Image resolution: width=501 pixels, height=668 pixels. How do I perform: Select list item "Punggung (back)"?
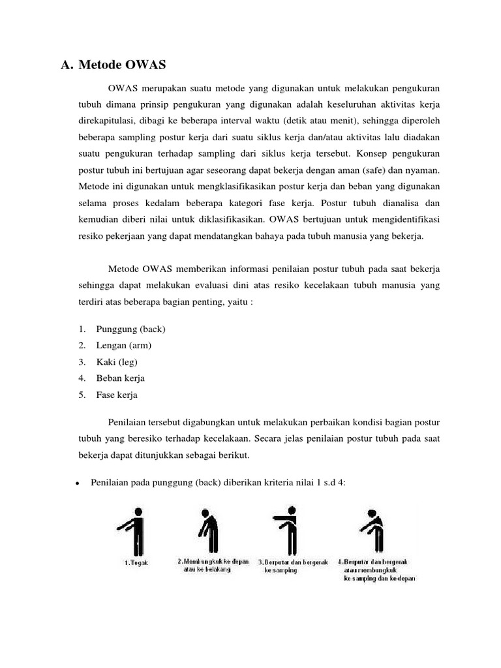(134, 329)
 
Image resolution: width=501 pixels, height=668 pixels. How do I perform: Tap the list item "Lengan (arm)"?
(128, 345)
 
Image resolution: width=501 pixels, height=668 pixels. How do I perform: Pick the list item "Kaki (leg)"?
(117, 361)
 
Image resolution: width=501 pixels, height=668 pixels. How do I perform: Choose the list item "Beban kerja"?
(120, 378)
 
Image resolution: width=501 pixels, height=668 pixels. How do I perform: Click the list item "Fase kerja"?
(117, 395)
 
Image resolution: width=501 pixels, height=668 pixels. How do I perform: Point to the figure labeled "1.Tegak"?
(135, 531)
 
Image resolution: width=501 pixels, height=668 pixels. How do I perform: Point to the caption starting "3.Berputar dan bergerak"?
(293, 566)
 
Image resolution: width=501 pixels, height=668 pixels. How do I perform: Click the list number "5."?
(83, 395)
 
